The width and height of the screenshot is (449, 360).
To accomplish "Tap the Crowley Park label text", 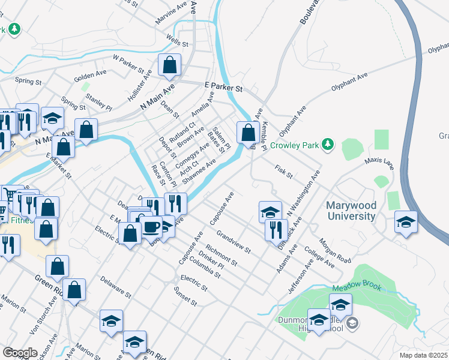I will click(294, 145).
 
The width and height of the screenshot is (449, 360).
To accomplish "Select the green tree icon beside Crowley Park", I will click(327, 144).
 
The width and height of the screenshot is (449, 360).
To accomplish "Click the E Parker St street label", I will click(223, 88).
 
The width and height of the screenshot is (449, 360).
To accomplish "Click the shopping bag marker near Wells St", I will click(169, 65).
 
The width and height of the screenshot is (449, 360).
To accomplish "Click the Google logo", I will click(19, 352).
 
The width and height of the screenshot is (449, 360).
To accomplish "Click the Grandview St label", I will click(234, 240).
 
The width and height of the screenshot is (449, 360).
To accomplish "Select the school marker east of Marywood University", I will click(406, 223).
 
